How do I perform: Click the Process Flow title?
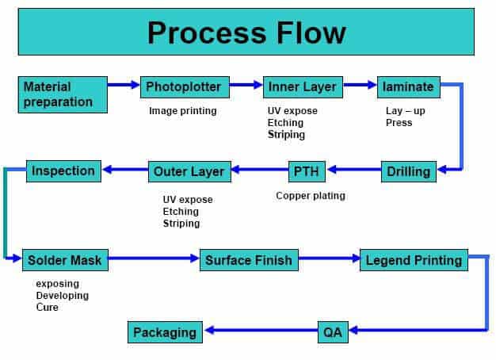tap(246, 33)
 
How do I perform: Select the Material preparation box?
tap(62, 94)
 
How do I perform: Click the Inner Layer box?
tap(302, 86)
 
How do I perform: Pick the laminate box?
tap(408, 86)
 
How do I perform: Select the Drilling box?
tap(409, 170)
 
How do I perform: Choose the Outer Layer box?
tap(189, 170)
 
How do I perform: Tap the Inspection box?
tap(63, 170)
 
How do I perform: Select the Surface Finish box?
tap(249, 259)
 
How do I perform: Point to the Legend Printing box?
tap(413, 259)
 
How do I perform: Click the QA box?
tap(334, 331)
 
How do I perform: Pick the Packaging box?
tap(164, 331)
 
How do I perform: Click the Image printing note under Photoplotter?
tap(182, 111)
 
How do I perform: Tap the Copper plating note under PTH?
tap(311, 195)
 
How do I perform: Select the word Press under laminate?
tap(399, 123)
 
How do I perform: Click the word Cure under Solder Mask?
tap(48, 307)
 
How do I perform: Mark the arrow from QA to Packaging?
tap(261, 331)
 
